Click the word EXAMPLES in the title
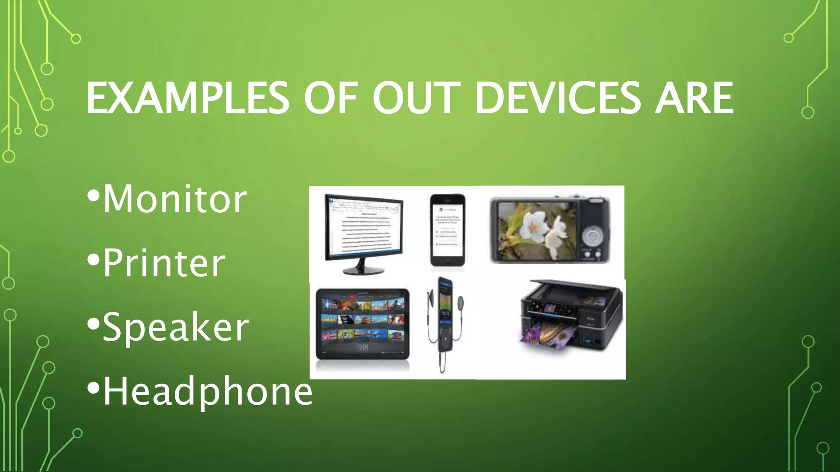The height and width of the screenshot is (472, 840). (x=187, y=98)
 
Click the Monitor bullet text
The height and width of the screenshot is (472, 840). (x=175, y=199)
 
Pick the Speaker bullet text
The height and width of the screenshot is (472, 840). (x=176, y=327)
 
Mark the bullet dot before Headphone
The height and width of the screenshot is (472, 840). (x=94, y=388)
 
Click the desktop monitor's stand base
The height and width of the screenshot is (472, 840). (x=363, y=270)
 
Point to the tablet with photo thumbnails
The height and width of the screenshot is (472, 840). (x=363, y=324)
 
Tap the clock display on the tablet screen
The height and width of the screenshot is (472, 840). (x=363, y=347)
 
